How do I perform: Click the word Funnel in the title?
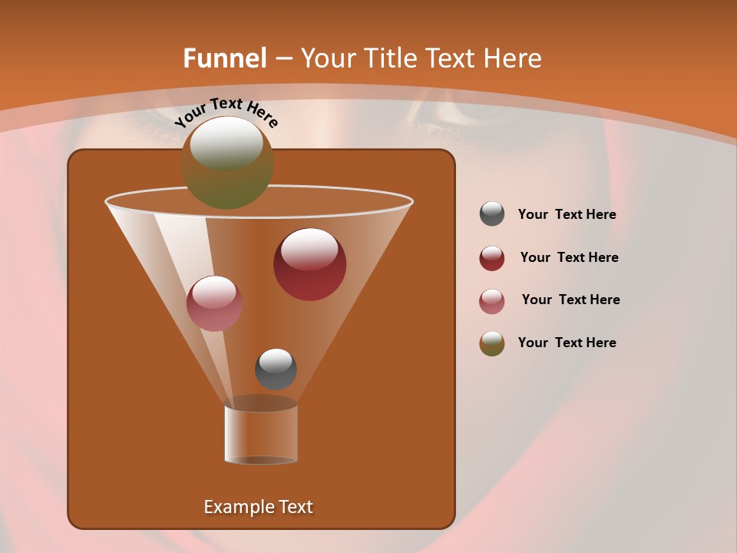point(225,58)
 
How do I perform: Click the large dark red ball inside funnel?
point(310,264)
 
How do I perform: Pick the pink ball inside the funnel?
point(214,303)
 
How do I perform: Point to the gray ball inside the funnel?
point(276,369)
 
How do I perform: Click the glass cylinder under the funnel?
point(261,433)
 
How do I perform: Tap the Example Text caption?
point(258,507)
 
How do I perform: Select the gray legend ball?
point(492,214)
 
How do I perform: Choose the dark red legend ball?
point(492,258)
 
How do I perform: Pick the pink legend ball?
point(492,300)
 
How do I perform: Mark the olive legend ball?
point(492,343)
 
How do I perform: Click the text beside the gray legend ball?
point(567,215)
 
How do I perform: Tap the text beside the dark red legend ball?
point(569,258)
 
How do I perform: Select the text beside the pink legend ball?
point(570,300)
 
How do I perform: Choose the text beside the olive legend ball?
point(567,343)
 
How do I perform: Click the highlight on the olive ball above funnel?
point(226,144)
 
